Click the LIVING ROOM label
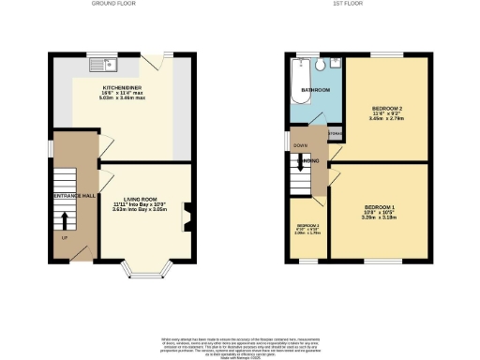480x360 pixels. (132, 199)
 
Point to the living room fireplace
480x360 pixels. (187, 217)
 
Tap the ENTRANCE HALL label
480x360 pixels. (75, 195)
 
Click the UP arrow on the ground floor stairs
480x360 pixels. (64, 222)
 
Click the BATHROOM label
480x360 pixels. (314, 90)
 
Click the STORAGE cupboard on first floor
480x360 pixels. (334, 134)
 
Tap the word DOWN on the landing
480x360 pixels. (301, 146)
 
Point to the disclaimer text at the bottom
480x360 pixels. (240, 344)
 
